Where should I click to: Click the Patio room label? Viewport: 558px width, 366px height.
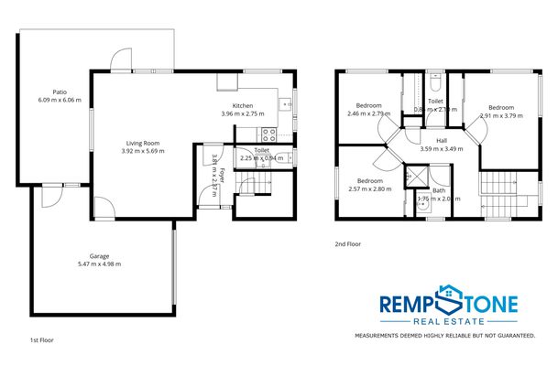(x=60, y=91)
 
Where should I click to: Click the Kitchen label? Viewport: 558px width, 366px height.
(x=243, y=106)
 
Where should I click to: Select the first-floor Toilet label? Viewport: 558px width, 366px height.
(x=261, y=149)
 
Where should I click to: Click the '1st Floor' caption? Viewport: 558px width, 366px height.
(x=41, y=339)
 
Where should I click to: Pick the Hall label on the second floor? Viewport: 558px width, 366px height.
(x=442, y=140)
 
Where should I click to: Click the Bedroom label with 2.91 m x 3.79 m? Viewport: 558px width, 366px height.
(x=501, y=107)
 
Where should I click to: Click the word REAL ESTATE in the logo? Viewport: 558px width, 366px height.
(x=448, y=322)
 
